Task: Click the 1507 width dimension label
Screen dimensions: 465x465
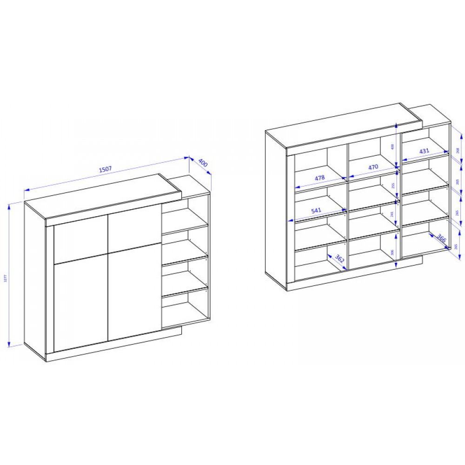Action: coord(106,170)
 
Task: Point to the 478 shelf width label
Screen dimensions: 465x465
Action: coord(319,178)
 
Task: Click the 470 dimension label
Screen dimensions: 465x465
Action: coord(373,167)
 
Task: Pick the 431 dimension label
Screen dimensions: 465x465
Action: coord(424,151)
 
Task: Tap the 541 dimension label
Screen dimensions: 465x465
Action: coord(316,211)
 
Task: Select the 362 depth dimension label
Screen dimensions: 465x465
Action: coord(339,259)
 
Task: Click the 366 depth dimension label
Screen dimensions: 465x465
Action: coord(441,239)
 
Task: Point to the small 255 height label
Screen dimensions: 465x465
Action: coord(393,185)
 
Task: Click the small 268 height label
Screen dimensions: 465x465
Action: coord(458,150)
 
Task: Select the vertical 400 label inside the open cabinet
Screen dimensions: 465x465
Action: coord(393,146)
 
